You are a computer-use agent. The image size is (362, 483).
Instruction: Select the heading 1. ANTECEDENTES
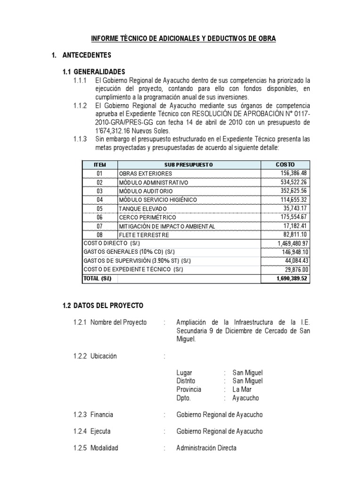tap(81, 56)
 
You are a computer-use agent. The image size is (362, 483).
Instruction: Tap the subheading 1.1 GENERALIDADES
tap(94, 72)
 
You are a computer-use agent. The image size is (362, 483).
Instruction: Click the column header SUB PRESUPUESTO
tap(189, 164)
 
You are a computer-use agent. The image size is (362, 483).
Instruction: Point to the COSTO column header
tap(285, 164)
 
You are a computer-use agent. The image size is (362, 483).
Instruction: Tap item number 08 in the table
tap(99, 234)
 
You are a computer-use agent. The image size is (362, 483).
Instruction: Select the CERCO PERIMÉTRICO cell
tap(147, 217)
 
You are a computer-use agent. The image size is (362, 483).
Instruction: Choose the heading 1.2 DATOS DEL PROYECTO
tap(103, 306)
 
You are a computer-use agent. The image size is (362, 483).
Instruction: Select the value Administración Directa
tap(206, 448)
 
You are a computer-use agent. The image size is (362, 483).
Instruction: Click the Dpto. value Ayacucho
tap(246, 398)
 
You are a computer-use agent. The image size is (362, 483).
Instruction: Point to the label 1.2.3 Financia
tap(93, 415)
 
